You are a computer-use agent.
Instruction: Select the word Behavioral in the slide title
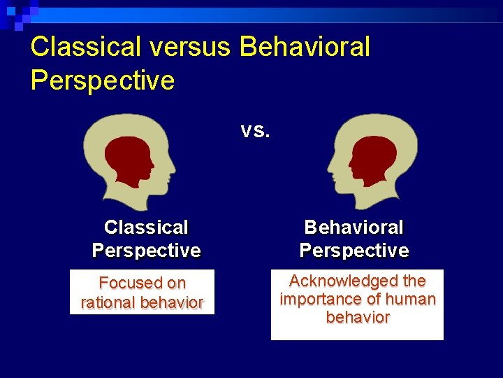(305, 47)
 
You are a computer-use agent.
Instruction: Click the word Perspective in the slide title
(103, 80)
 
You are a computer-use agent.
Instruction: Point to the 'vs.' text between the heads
(255, 130)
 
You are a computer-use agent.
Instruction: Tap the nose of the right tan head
(329, 168)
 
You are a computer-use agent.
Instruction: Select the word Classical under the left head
(146, 227)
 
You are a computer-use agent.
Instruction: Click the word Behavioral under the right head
(354, 227)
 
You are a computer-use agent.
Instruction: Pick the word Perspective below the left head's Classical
(146, 250)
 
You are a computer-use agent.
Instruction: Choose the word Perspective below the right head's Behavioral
(354, 250)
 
